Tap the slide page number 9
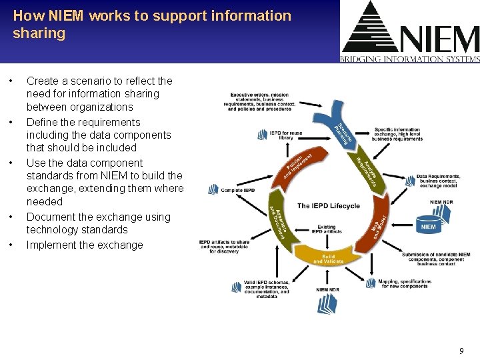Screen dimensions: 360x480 tap(461, 350)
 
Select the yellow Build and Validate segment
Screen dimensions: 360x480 tap(328, 256)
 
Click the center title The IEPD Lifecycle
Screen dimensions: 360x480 tap(328, 205)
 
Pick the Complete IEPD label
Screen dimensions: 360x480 tap(237, 190)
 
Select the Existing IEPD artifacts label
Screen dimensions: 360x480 tap(326, 229)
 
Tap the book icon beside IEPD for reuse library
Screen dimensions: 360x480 tap(263, 135)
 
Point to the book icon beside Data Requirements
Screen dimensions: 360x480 tap(407, 180)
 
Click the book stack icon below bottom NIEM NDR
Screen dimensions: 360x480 tap(327, 304)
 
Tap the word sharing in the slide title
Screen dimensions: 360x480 tap(39, 33)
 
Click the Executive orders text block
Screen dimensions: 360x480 tap(261, 102)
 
